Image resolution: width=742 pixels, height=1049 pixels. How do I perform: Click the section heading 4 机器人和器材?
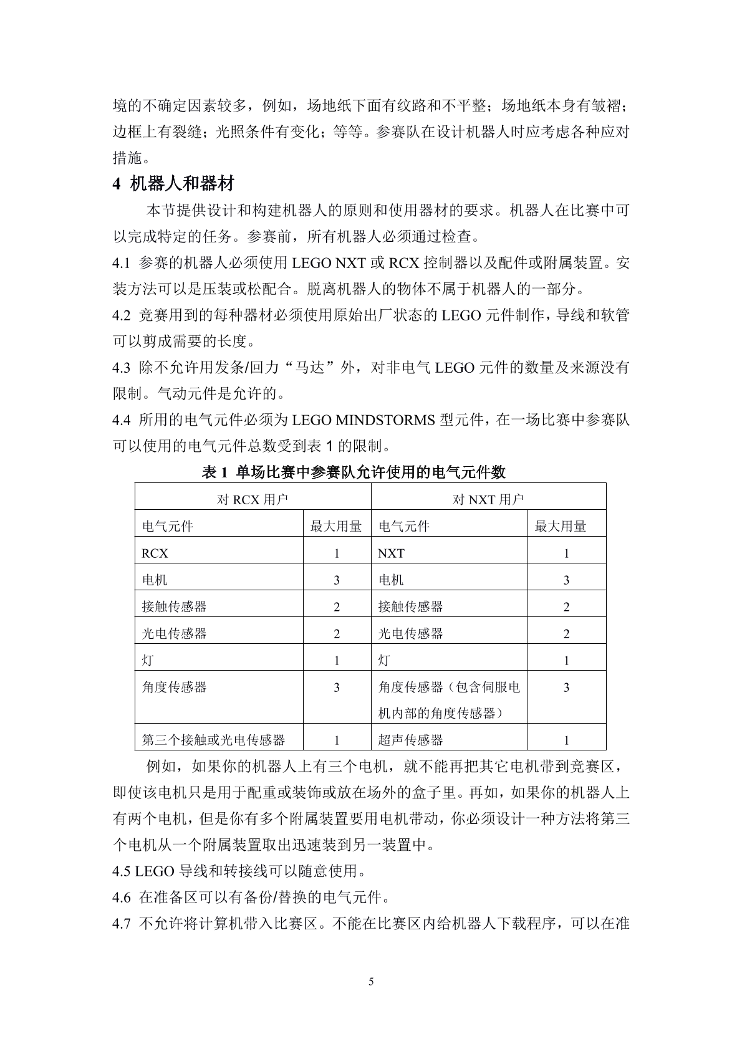click(173, 184)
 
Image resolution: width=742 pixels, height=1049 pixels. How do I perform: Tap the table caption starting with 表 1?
click(354, 472)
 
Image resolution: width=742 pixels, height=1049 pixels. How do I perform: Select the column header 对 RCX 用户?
click(253, 499)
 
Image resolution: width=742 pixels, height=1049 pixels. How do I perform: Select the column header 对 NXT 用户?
click(488, 499)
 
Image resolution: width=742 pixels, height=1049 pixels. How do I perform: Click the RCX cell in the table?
click(155, 553)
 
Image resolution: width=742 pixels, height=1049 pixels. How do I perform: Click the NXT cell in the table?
click(391, 553)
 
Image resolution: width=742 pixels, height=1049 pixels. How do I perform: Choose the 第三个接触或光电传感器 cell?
click(213, 740)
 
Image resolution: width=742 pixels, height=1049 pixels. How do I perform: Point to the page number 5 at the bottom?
click(372, 982)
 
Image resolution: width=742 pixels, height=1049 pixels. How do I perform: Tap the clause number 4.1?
click(121, 263)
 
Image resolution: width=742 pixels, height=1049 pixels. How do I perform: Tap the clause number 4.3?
click(121, 368)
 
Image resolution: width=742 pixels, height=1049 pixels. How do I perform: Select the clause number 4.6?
click(121, 898)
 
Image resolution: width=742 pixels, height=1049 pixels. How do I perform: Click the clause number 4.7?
click(121, 924)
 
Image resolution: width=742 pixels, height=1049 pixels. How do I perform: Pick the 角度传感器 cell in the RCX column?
click(174, 687)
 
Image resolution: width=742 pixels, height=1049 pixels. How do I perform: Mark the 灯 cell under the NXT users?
click(384, 661)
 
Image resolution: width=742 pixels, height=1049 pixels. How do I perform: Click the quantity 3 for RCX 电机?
click(337, 580)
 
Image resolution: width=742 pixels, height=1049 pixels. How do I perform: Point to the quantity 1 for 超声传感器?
click(566, 740)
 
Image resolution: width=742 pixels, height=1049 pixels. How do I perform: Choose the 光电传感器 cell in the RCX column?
click(174, 634)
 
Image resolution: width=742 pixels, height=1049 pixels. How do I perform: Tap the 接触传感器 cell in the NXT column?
click(410, 607)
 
